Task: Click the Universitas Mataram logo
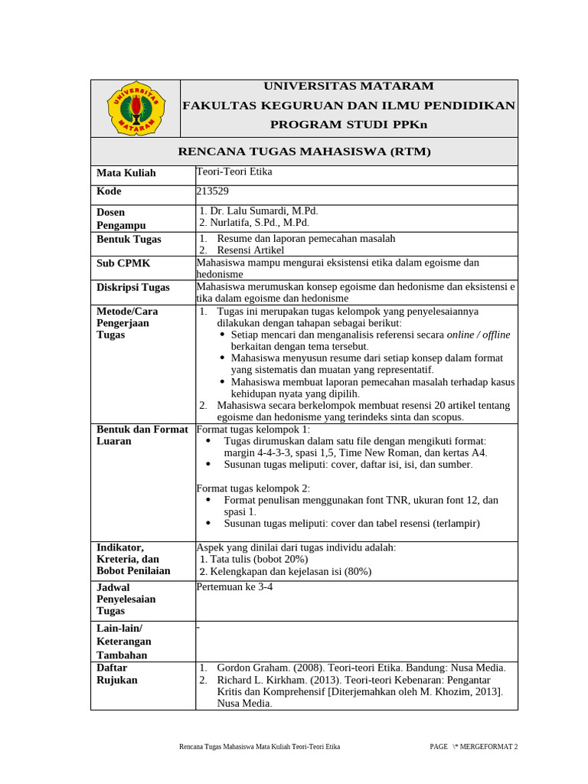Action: coord(135,108)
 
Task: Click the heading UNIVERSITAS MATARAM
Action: coord(348,86)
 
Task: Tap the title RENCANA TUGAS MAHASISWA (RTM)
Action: coord(304,152)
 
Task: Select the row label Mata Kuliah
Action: coord(126,173)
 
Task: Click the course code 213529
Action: coord(213,191)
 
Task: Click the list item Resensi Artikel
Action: coord(250,250)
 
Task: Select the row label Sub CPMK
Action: coord(123,263)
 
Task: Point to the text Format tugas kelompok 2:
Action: coord(253,488)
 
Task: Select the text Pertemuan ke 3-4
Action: coord(234,587)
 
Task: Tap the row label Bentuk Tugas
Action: coord(129,240)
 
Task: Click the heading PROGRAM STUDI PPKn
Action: coord(348,124)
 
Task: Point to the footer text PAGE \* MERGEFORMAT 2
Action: coord(473,746)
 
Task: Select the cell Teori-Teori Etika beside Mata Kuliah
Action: coord(234,171)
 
